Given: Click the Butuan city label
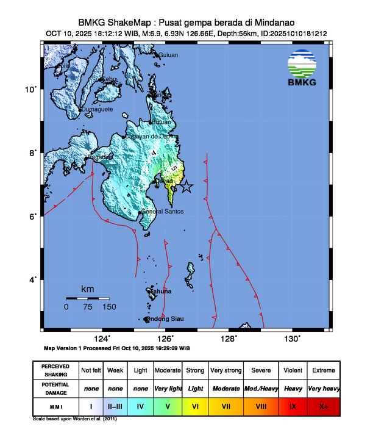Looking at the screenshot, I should [x=162, y=122].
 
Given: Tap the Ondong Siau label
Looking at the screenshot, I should [x=165, y=319].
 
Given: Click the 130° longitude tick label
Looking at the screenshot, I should [x=292, y=339].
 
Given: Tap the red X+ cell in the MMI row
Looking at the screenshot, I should [x=323, y=404].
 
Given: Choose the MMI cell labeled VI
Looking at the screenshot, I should [x=196, y=404].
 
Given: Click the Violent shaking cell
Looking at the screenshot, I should [x=292, y=370].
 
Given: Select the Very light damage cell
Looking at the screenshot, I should [x=168, y=388].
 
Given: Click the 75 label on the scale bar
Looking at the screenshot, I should [x=88, y=307].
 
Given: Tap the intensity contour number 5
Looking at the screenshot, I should [x=174, y=167].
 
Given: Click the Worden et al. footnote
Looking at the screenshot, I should [x=74, y=420].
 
